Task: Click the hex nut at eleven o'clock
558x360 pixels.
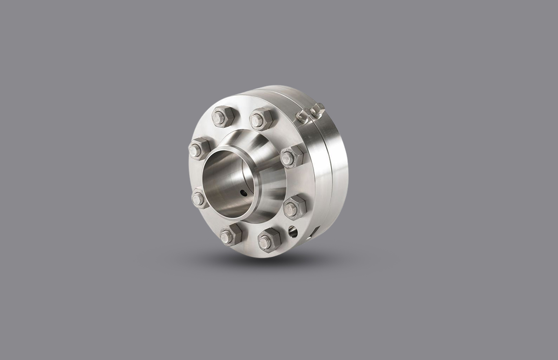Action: [222, 117]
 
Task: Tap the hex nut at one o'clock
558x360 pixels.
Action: [261, 119]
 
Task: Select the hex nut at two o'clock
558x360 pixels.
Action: [292, 156]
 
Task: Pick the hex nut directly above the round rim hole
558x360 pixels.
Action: [294, 207]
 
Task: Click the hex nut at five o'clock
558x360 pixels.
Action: [269, 240]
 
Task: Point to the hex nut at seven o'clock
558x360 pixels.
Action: [230, 235]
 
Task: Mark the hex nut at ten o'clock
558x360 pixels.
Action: [199, 148]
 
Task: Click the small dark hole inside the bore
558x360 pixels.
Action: [243, 193]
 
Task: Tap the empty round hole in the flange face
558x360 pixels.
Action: [293, 232]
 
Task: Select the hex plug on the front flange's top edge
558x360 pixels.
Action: [302, 117]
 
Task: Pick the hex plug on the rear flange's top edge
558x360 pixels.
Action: [317, 109]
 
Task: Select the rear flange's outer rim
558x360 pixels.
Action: [339, 165]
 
